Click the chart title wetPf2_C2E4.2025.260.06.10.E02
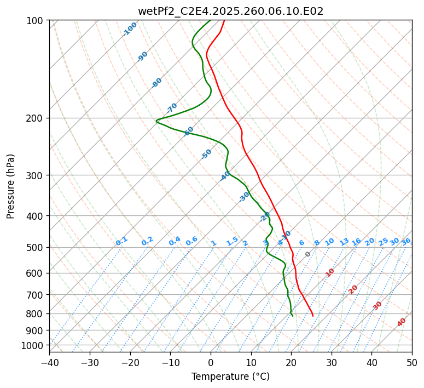pos(230,11)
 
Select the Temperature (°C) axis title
pos(230,377)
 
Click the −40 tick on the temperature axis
pos(49,362)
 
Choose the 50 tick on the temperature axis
pos(412,362)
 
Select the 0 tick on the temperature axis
pos(211,362)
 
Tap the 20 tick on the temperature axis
pos(291,362)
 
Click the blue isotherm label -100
pos(130,29)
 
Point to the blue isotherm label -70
pos(172,108)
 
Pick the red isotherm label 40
pos(402,322)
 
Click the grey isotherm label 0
pos(308,254)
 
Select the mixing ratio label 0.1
pos(121,241)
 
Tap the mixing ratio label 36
pos(406,242)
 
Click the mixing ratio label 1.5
pos(232,241)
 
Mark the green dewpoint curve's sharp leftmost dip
pos(156,121)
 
